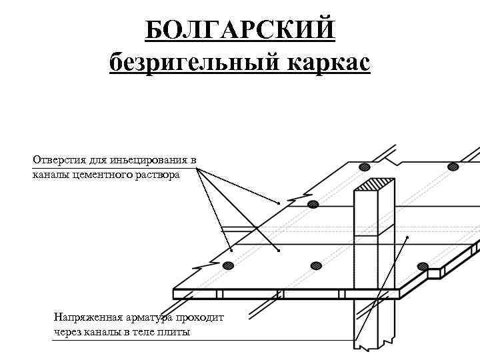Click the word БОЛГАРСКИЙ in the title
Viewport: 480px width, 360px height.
239,30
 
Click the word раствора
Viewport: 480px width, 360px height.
156,175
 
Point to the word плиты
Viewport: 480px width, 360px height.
172,331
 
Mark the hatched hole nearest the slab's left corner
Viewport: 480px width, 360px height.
229,266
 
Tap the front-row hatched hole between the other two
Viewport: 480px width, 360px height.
316,266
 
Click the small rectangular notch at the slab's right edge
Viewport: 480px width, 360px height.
434,273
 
